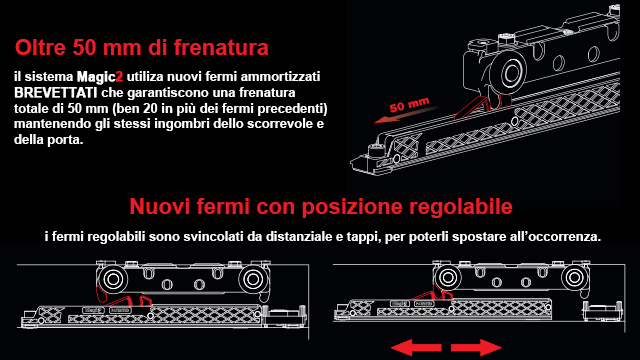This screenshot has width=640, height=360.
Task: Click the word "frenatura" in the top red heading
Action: point(221,47)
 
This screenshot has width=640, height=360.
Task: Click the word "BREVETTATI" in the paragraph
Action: point(56,93)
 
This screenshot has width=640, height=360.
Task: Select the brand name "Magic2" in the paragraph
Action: point(100,77)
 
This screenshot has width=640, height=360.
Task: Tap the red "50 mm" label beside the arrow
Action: point(409,105)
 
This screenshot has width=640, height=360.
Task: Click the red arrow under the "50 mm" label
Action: point(405,115)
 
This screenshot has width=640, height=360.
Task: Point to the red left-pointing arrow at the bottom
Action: point(416,348)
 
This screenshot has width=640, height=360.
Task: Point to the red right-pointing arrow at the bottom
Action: point(476,348)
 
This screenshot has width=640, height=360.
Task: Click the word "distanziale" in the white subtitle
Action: point(297,237)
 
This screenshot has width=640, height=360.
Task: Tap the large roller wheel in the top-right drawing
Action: point(510,73)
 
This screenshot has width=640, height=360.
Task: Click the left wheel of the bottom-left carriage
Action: point(113,280)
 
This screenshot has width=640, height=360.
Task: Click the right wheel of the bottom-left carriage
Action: point(253,280)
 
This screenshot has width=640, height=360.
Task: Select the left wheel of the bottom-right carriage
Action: point(448,278)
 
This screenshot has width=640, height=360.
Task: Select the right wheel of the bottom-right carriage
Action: point(575,278)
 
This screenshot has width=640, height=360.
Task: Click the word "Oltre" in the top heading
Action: point(40,47)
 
